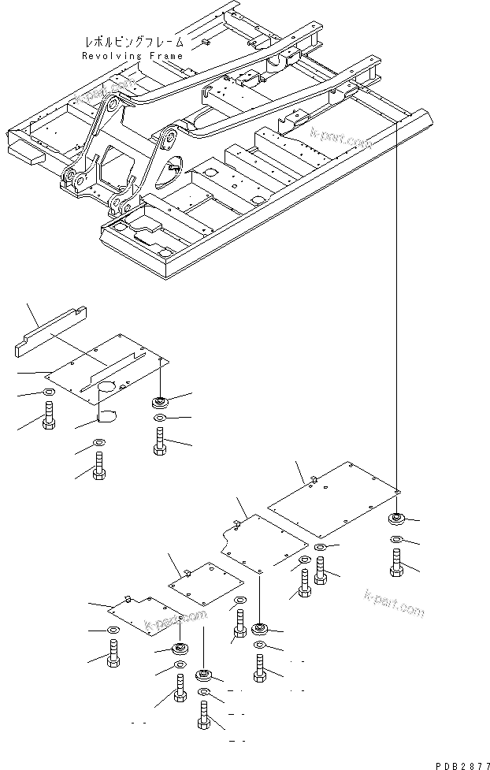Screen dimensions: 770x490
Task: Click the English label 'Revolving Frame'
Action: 132,56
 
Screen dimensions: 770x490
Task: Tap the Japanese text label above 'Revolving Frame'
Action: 132,42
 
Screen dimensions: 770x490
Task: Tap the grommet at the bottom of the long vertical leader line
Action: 395,519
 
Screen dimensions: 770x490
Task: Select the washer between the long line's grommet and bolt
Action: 396,540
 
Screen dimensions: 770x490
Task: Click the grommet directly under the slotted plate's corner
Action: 160,402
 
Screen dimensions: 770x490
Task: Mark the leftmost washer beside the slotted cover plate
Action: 47,392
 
